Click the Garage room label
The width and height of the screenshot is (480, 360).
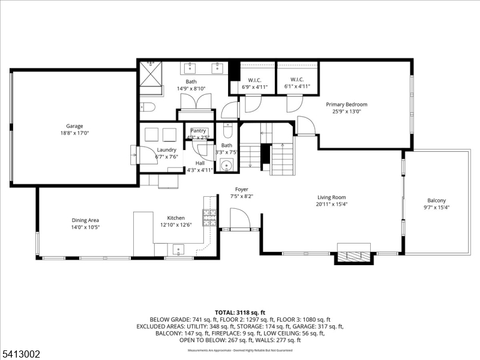coord(74,126)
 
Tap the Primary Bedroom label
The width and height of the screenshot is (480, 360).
coord(347,104)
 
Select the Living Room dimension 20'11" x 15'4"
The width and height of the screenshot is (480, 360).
coord(332,205)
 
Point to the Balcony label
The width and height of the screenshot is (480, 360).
coord(436,200)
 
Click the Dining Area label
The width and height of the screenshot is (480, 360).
coord(85,220)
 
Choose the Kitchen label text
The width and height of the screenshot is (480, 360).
coord(176,218)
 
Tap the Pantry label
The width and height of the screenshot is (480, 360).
coord(198,131)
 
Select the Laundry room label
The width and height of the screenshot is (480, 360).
coord(166,149)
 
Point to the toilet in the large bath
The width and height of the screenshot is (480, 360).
coord(148,107)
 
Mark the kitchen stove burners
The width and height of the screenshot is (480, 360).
coord(209,218)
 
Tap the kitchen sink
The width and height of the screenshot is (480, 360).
coord(178,249)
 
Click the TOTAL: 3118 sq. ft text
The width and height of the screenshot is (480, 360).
coord(240,313)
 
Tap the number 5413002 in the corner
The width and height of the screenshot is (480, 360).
coord(20,355)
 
